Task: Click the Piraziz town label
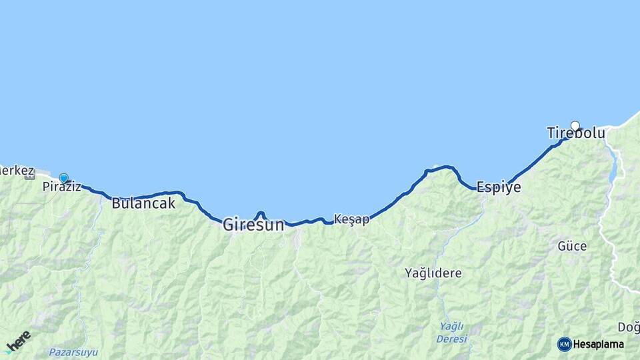[61, 187]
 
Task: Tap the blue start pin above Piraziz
[63, 178]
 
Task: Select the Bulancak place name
[143, 203]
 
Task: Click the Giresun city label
[253, 225]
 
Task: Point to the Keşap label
[351, 219]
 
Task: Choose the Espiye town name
[498, 187]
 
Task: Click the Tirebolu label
[576, 133]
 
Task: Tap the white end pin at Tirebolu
[575, 125]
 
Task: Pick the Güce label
[572, 246]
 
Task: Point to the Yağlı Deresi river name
[451, 332]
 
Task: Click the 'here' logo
[18, 341]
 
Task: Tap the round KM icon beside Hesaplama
[564, 344]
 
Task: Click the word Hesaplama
[598, 344]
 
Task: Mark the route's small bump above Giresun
[261, 213]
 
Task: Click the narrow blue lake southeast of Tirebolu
[613, 167]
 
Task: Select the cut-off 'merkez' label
[15, 171]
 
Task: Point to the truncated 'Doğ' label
[628, 327]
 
